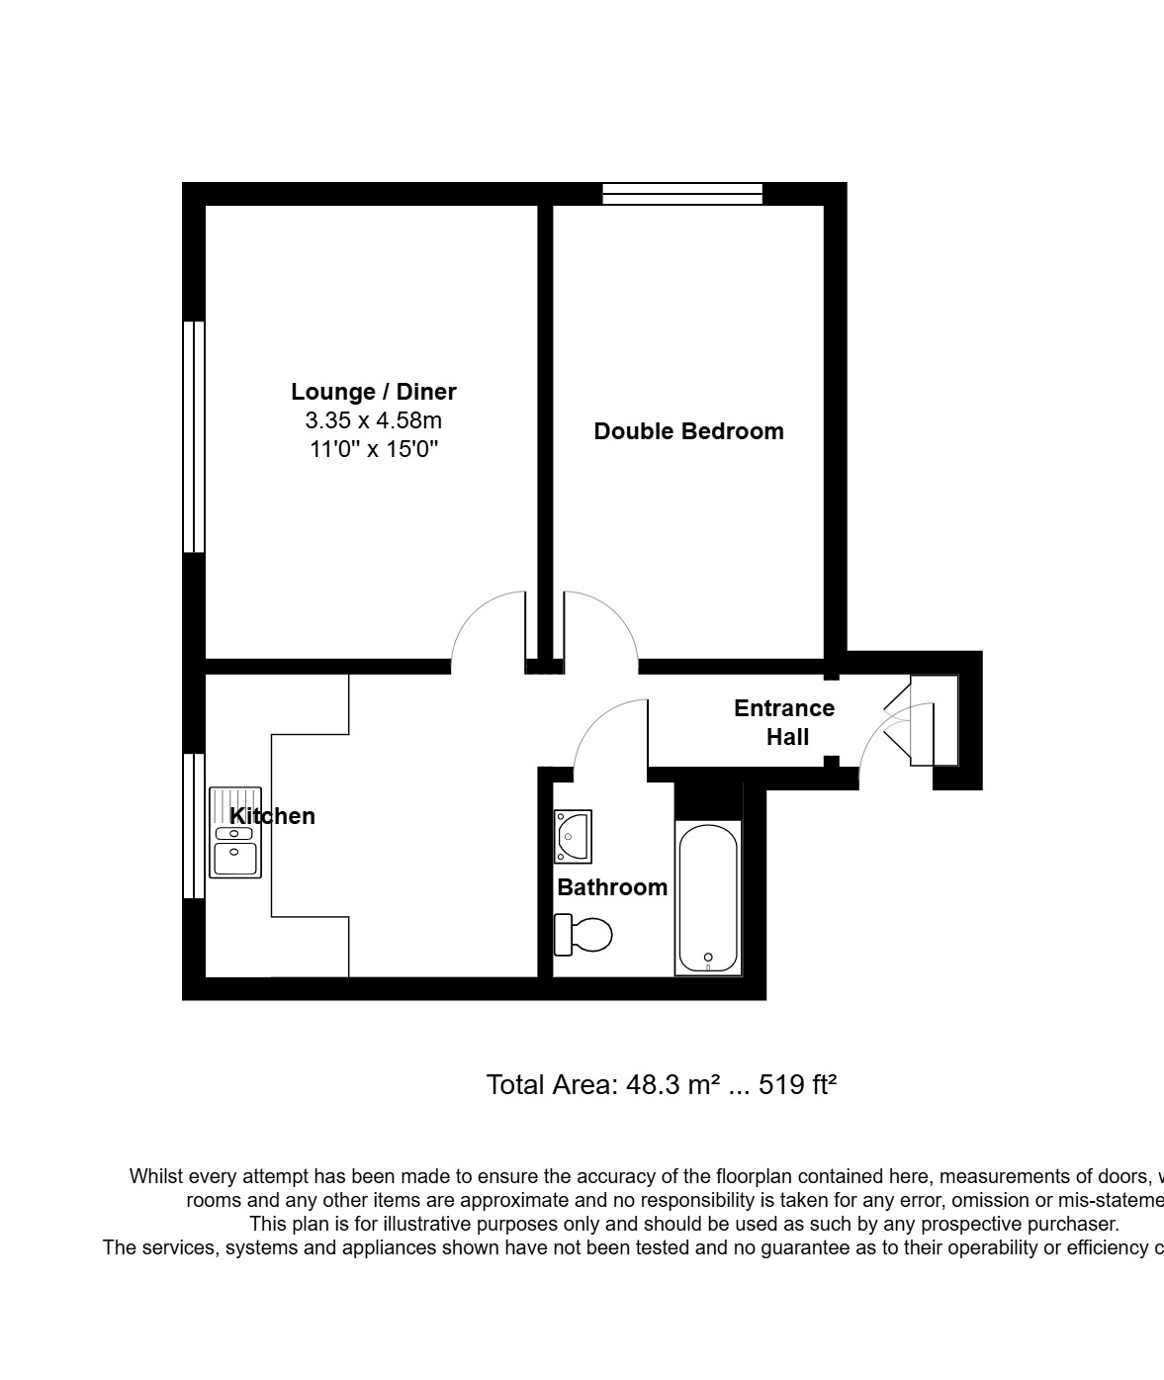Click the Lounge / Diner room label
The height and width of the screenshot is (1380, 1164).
click(x=373, y=392)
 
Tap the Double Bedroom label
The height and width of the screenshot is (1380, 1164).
click(x=688, y=431)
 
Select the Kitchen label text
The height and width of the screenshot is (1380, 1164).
click(x=272, y=816)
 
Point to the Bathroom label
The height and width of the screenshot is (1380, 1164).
click(x=612, y=887)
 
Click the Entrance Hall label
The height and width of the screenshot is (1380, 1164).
click(x=784, y=722)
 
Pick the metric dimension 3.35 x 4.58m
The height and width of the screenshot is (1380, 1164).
click(x=373, y=420)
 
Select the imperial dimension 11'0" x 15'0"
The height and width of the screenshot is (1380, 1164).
click(x=373, y=449)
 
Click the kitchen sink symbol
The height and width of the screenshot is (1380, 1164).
click(x=235, y=832)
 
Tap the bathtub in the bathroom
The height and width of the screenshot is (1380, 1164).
click(x=707, y=898)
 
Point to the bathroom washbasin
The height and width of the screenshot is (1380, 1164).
click(x=573, y=836)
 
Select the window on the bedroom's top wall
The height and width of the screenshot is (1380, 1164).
click(x=682, y=194)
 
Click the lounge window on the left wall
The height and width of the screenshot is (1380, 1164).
click(x=194, y=436)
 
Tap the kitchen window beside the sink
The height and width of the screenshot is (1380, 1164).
click(x=194, y=826)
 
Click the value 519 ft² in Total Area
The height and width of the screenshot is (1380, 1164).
click(x=798, y=1085)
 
